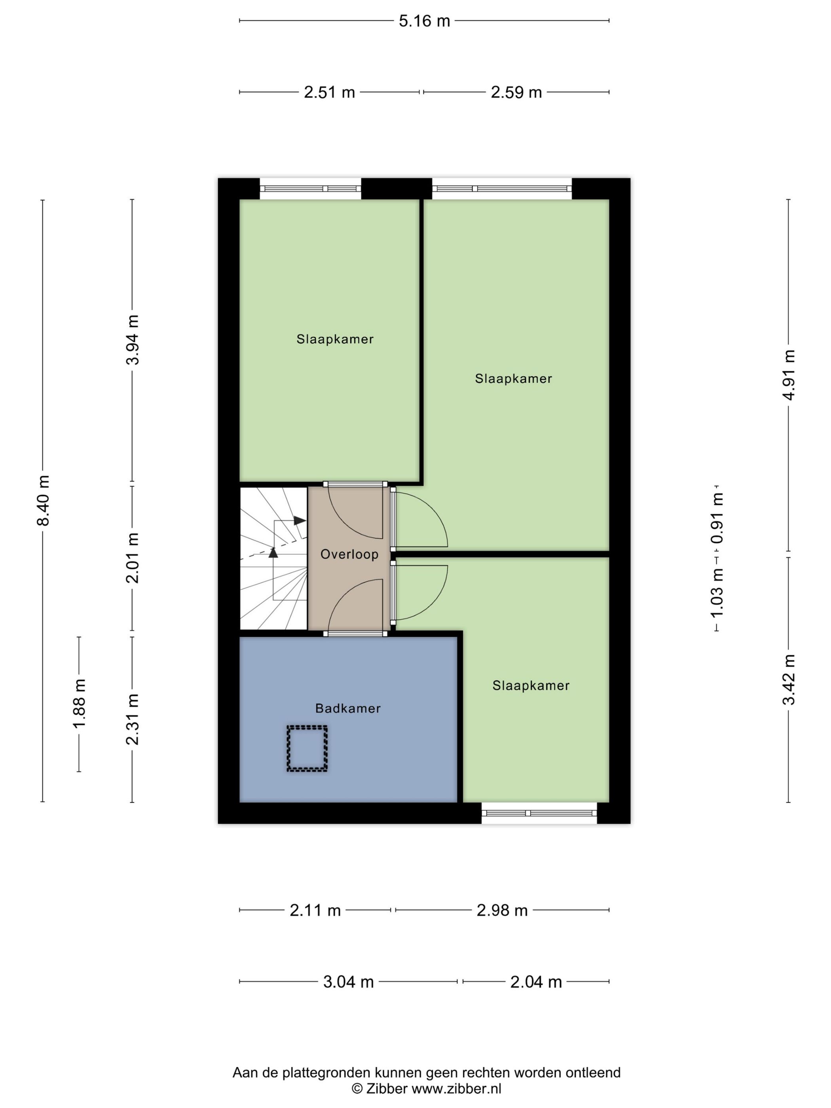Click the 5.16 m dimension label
(424, 21)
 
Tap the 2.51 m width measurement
(329, 92)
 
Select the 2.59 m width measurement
(516, 92)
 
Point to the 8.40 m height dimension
(44, 500)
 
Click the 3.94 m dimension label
(133, 340)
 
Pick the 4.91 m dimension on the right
(788, 375)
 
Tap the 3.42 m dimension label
(788, 679)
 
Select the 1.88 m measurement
(79, 703)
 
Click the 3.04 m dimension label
(348, 982)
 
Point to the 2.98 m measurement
(502, 910)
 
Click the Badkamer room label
(347, 708)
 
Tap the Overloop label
(349, 554)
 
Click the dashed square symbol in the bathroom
(307, 748)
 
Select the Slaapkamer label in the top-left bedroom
(335, 339)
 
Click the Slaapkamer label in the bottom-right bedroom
(531, 685)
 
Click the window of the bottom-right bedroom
(539, 813)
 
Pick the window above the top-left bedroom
(310, 189)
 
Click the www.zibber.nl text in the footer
(456, 1089)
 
